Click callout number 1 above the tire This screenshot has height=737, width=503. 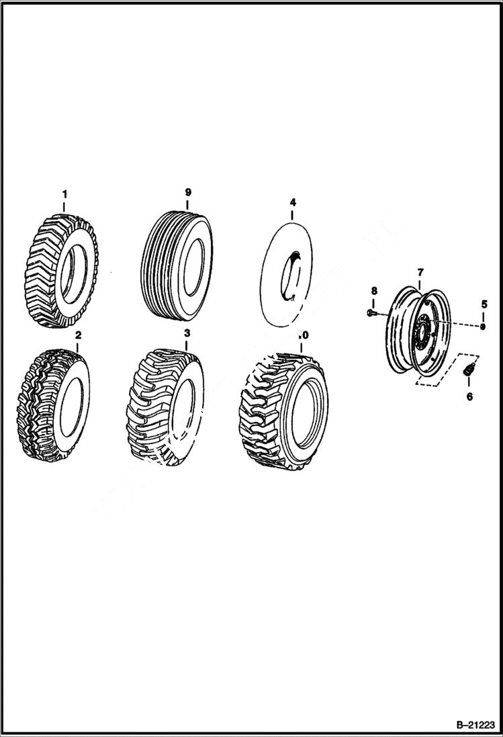tap(64, 195)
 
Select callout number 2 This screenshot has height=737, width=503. tap(78, 335)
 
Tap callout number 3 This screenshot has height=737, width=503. tap(187, 333)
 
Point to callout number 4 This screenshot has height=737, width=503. tap(293, 201)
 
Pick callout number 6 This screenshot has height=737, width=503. tap(469, 396)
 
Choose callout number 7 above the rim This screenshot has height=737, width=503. tap(420, 272)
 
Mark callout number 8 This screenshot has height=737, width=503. tap(374, 290)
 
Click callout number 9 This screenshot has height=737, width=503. tap(188, 192)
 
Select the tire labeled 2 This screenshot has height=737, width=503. tap(54, 406)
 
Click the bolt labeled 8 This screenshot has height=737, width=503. tap(371, 312)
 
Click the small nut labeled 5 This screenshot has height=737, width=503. tap(482, 327)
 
